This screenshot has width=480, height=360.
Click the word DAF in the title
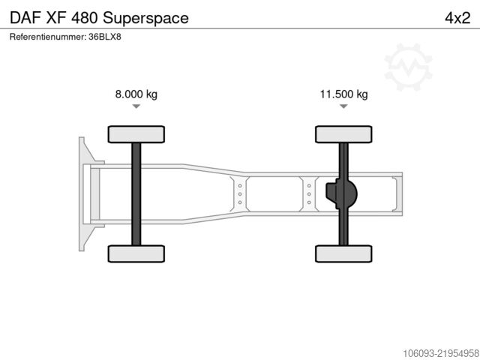25,18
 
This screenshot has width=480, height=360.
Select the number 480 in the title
85,18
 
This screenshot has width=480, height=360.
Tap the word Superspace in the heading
145,18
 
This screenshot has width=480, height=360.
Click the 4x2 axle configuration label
457,18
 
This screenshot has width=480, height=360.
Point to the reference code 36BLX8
105,37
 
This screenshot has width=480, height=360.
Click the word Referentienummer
48,37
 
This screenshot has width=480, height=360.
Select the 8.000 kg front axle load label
136,94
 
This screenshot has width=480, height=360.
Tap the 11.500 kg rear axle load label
343,94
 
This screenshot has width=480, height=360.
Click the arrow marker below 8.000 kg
136,106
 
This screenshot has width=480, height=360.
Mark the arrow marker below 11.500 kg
343,106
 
